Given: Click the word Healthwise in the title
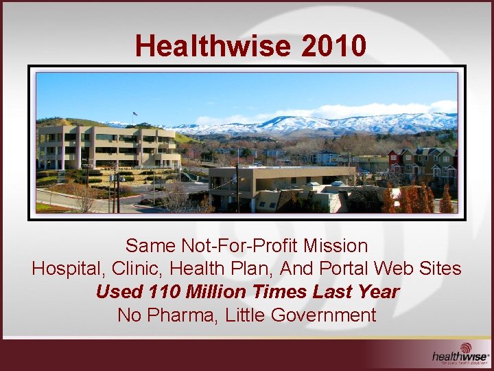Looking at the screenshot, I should tap(213, 46).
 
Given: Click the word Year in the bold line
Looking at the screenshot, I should tap(377, 292).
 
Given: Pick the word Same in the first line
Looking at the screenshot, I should tap(151, 245).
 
